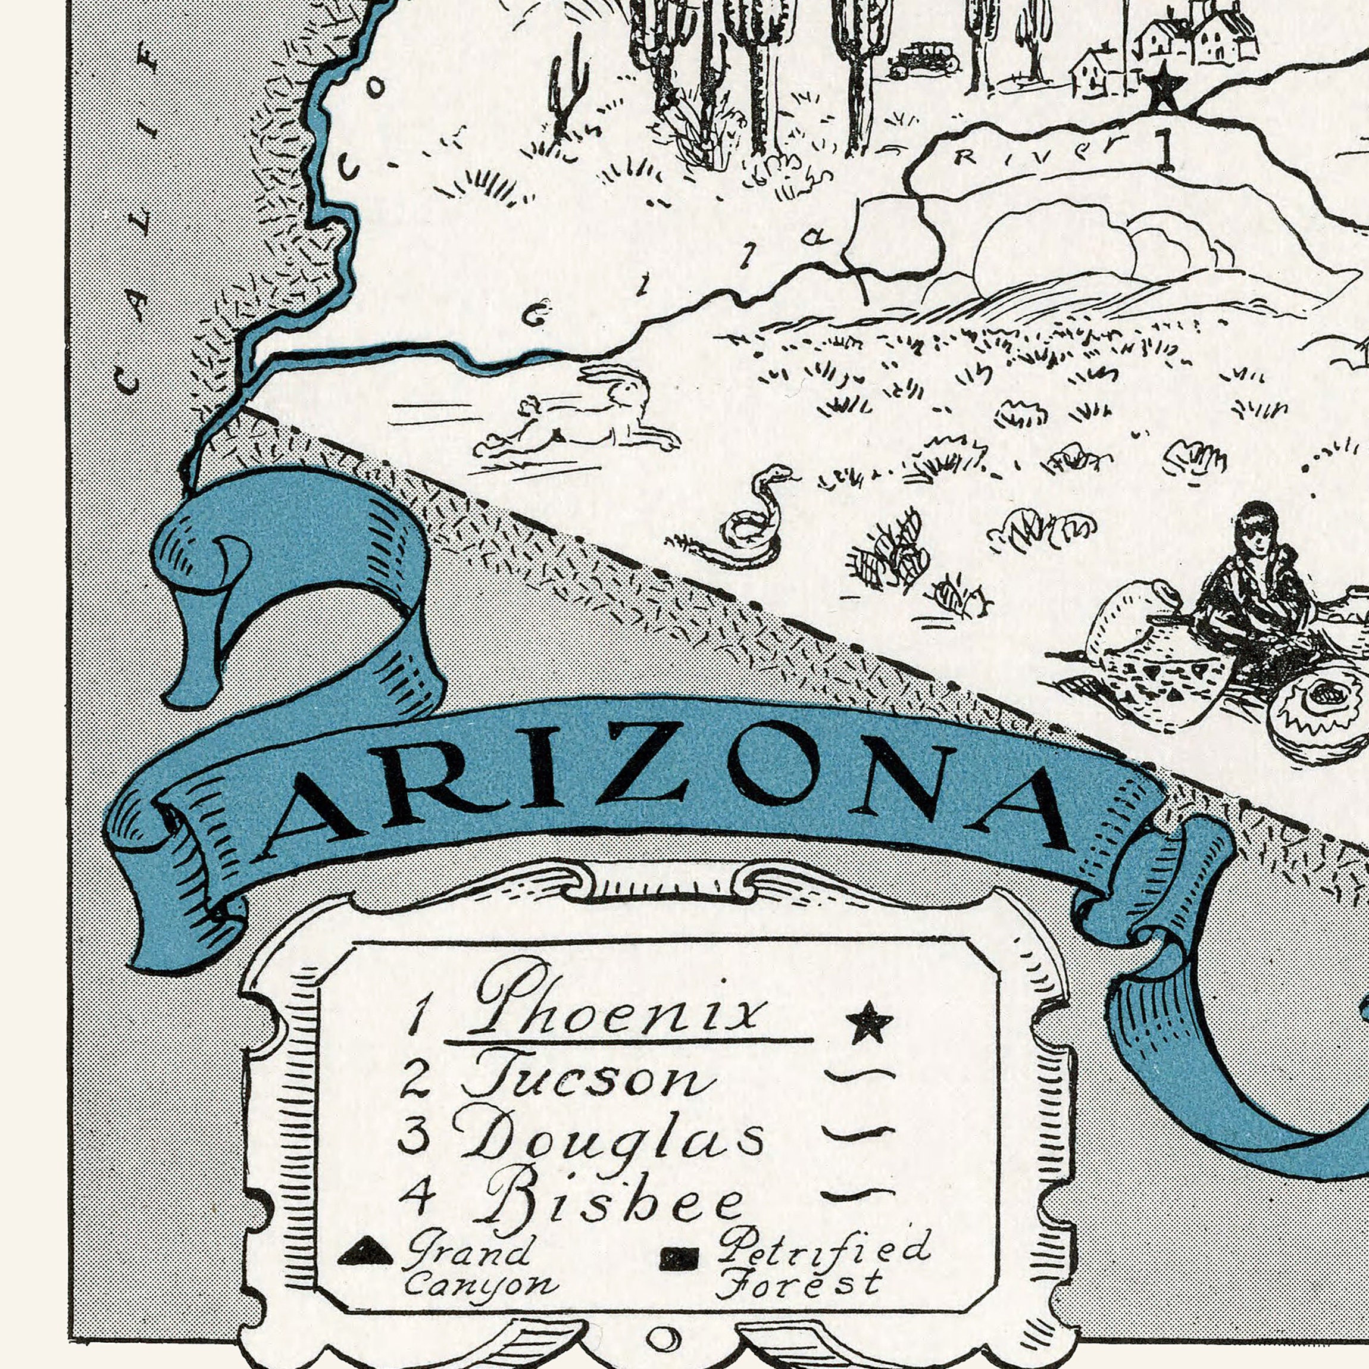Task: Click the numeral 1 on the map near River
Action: pyautogui.click(x=1164, y=152)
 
